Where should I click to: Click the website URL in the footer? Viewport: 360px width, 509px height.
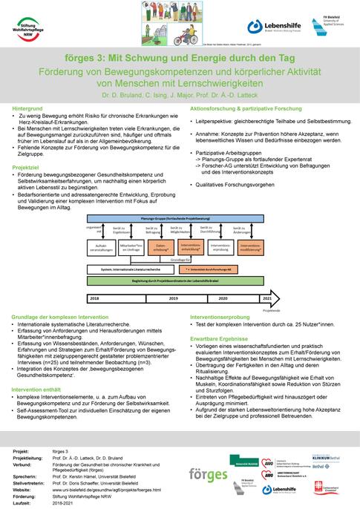[115, 490]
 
